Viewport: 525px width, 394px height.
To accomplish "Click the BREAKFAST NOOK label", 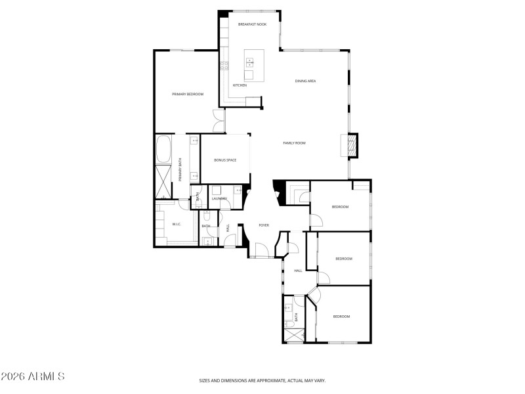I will pyautogui.click(x=252, y=24).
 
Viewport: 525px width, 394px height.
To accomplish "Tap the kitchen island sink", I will pyautogui.click(x=249, y=63).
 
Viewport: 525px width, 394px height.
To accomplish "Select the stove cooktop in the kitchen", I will pyautogui.click(x=224, y=65).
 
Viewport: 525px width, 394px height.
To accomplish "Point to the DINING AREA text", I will pyautogui.click(x=306, y=81).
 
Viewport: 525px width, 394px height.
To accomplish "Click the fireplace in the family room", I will pyautogui.click(x=352, y=145).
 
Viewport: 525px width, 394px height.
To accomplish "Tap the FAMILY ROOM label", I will pyautogui.click(x=294, y=142).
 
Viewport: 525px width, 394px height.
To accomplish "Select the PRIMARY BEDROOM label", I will pyautogui.click(x=188, y=94).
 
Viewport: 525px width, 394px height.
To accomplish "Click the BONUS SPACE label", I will pyautogui.click(x=225, y=160).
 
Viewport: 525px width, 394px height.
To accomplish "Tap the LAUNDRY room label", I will pyautogui.click(x=219, y=198).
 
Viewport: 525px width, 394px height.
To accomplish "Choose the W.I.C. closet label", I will pyautogui.click(x=176, y=225).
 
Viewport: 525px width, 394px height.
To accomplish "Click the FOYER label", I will pyautogui.click(x=264, y=225).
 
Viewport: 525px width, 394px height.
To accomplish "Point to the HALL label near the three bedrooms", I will pyautogui.click(x=298, y=271).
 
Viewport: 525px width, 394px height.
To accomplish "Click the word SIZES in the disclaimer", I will pyautogui.click(x=207, y=380).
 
